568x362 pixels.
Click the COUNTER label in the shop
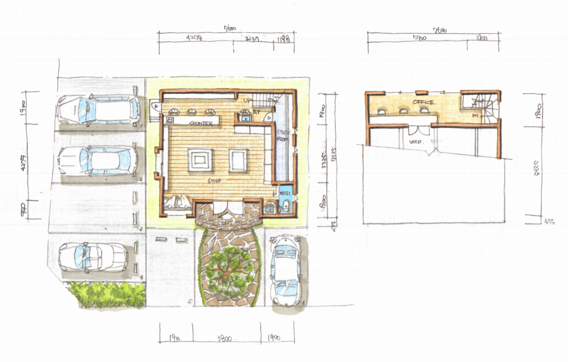201,123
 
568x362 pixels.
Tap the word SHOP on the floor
214,181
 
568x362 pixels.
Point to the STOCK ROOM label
282,136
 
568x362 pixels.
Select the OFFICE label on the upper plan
423,102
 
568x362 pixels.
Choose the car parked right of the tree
286,270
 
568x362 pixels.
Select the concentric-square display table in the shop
200,160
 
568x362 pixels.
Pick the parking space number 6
304,303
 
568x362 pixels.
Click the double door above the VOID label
419,131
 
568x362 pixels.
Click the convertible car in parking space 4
92,257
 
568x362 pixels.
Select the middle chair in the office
403,110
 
